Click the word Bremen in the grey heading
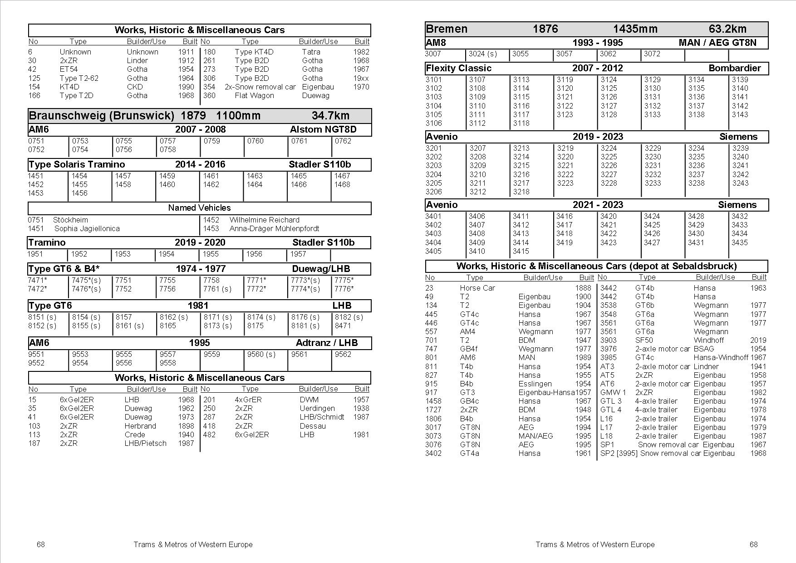click(x=446, y=29)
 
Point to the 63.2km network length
click(x=727, y=29)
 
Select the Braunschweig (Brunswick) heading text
click(x=101, y=115)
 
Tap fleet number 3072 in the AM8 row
click(x=652, y=54)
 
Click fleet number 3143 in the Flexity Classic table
click(x=740, y=114)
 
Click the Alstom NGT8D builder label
click(x=323, y=129)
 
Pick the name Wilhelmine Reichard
click(x=264, y=220)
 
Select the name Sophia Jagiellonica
click(x=87, y=228)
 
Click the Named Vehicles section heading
click(x=199, y=208)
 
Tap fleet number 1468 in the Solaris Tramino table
click(x=342, y=184)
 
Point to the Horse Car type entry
click(x=477, y=288)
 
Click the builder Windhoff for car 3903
click(x=709, y=340)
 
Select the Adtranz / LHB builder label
click(x=326, y=343)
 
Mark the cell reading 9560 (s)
click(x=261, y=354)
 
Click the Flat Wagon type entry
click(x=254, y=95)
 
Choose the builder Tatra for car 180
click(x=311, y=52)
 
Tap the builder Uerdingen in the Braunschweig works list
click(x=317, y=408)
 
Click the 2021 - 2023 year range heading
click(x=597, y=205)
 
